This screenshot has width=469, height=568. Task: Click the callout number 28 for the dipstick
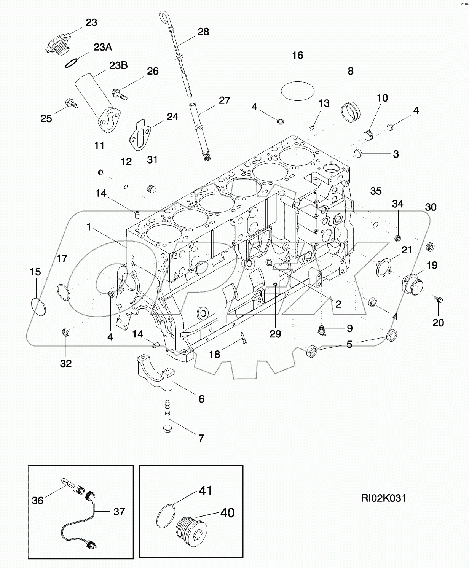(203, 32)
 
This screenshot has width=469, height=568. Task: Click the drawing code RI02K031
(383, 498)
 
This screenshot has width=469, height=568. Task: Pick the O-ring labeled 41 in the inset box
(166, 516)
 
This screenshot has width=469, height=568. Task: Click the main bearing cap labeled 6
(155, 372)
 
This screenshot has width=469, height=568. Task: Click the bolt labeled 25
(71, 102)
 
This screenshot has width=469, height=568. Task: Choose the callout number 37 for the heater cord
(119, 512)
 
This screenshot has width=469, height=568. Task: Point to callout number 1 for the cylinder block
(89, 227)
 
